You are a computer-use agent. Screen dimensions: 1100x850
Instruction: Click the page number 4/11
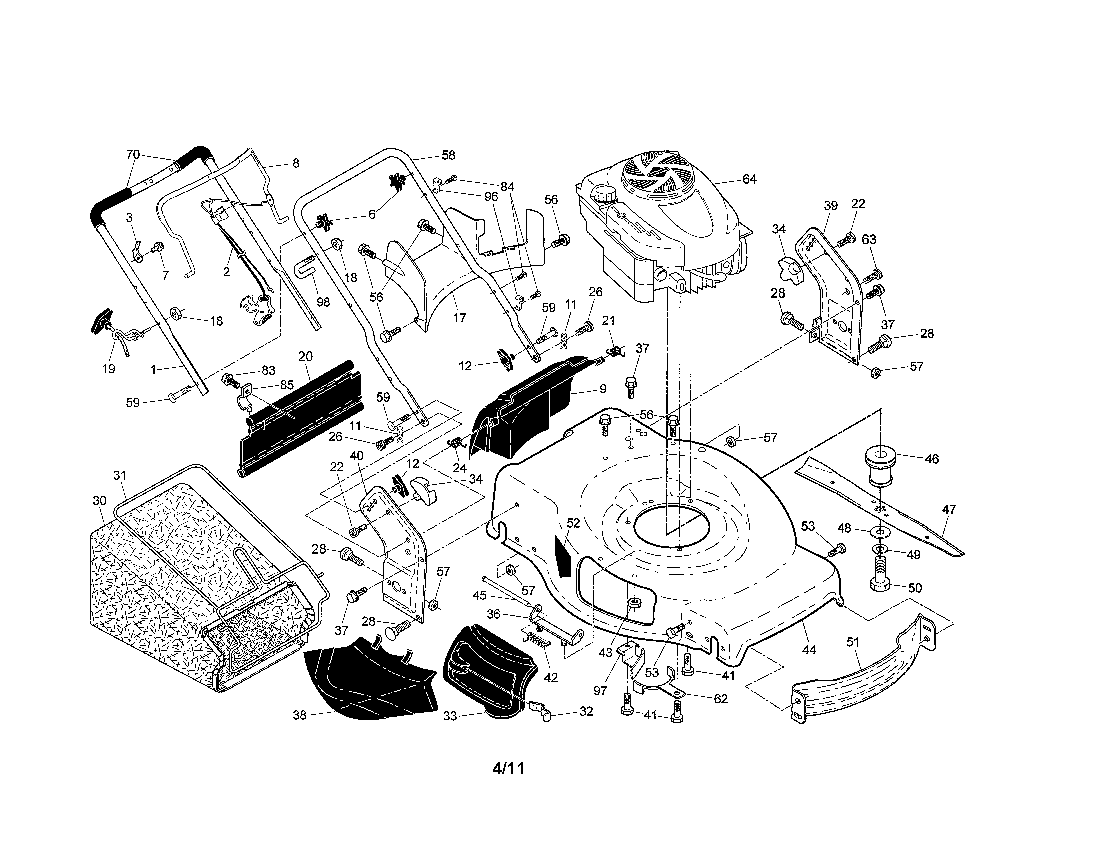509,768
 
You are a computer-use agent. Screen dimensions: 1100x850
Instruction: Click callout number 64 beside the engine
749,179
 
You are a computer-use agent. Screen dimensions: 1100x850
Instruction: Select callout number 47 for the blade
949,510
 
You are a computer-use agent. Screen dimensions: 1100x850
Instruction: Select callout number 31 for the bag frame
120,475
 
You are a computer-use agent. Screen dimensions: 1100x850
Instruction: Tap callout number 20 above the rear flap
305,357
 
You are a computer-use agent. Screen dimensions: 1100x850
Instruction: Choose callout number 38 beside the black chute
300,715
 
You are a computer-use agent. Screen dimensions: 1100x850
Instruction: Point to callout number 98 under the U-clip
323,302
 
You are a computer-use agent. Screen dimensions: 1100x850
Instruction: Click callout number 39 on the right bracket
831,205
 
